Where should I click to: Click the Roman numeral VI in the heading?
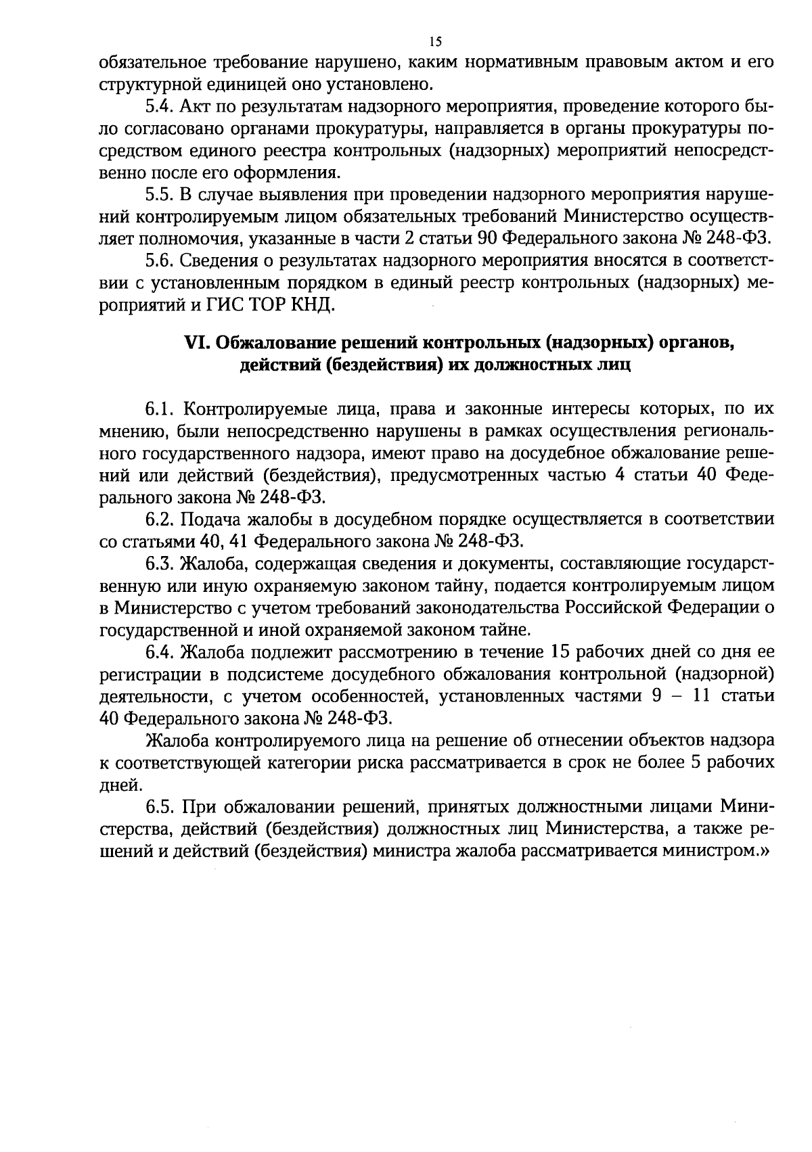point(194,344)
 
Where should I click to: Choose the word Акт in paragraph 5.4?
point(194,107)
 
